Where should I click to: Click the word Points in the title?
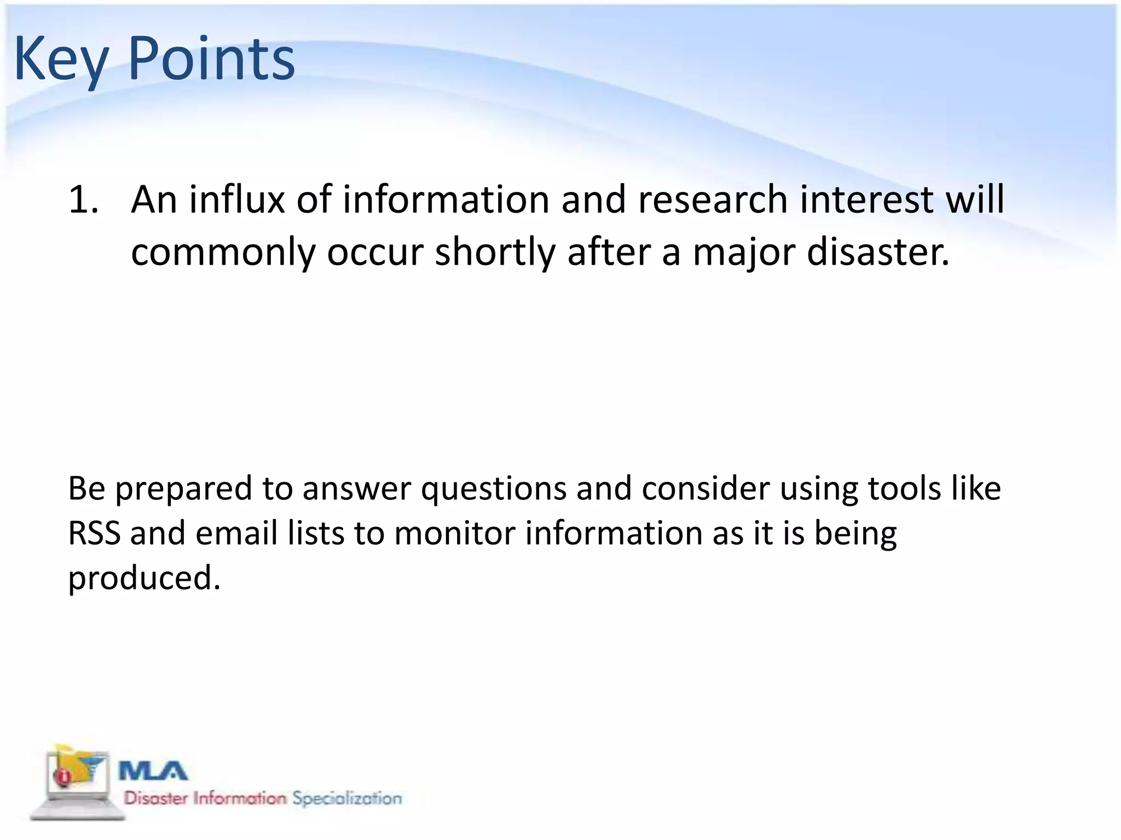[211, 59]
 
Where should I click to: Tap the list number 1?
[83, 200]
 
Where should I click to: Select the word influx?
[236, 200]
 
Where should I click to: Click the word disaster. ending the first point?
[878, 253]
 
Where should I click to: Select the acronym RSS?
[94, 533]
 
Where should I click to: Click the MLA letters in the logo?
[153, 772]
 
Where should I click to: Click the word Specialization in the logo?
[347, 798]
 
